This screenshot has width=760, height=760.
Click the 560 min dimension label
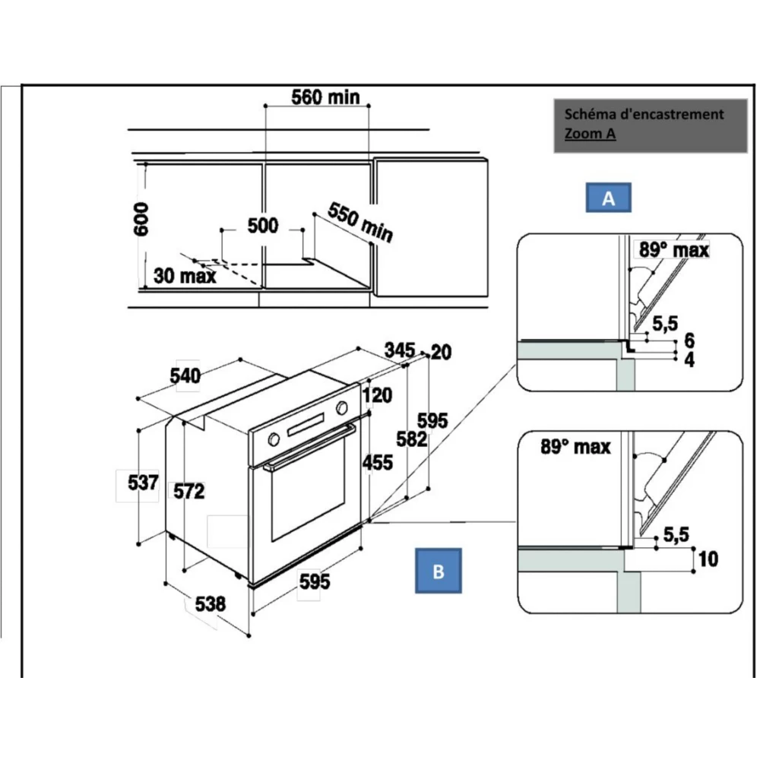pos(326,97)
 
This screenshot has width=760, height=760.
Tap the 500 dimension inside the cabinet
pos(262,226)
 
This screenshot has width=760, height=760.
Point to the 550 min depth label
pos(360,223)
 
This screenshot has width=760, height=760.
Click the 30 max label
pos(185,276)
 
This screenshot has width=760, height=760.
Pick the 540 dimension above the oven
pos(185,376)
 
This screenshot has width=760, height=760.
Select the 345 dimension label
pos(399,350)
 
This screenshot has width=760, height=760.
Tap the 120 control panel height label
pos(377,395)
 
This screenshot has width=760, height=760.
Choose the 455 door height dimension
pos(377,461)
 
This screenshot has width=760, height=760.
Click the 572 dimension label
pos(188,491)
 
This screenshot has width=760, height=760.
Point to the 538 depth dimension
pos(211,604)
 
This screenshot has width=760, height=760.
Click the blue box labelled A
pos(608,198)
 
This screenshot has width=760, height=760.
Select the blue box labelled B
pos(438,572)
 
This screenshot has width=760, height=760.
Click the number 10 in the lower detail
pos(707,559)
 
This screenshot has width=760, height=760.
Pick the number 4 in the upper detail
pos(689,360)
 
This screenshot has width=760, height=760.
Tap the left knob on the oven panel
pos(272,439)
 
